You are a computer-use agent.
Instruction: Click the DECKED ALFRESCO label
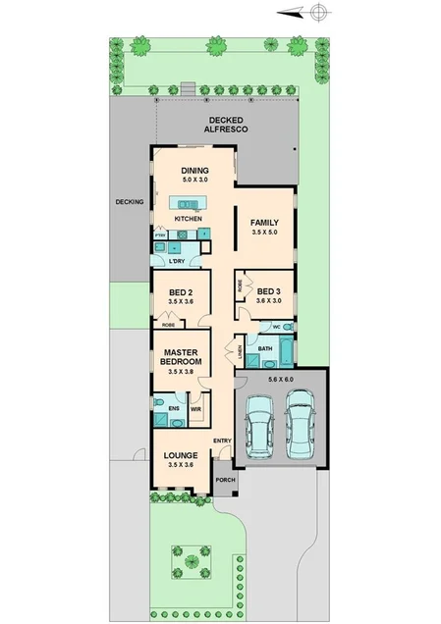[x=226, y=125]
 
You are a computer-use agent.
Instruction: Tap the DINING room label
[x=193, y=171]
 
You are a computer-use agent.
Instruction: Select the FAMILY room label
[x=264, y=223]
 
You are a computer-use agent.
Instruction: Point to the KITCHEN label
[x=189, y=218]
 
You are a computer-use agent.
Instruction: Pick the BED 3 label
[x=269, y=291]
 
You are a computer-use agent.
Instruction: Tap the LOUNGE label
[x=182, y=455]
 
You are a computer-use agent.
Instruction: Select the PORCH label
[x=225, y=479]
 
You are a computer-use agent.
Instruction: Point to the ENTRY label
[x=222, y=441]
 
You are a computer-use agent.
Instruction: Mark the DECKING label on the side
[x=130, y=202]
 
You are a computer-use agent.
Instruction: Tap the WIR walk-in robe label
[x=195, y=408]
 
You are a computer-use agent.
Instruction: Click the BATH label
[x=264, y=348]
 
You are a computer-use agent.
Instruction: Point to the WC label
[x=277, y=326]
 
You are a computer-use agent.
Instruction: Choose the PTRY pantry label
[x=159, y=235]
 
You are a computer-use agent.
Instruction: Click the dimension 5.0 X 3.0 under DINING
[x=193, y=181]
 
